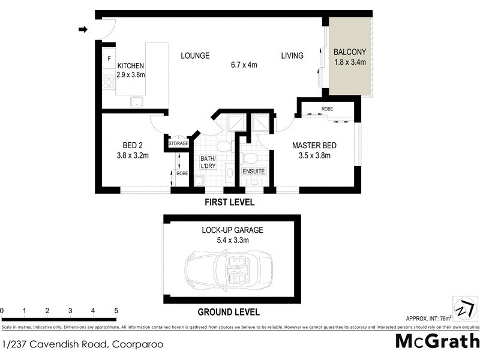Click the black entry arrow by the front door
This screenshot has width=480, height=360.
click(x=83, y=29)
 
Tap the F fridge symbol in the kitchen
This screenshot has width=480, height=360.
click(x=109, y=58)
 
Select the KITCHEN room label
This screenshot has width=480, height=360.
click(x=131, y=66)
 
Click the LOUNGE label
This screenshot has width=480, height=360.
click(x=195, y=56)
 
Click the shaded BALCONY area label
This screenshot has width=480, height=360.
click(x=350, y=52)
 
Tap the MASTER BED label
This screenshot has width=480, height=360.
click(x=314, y=145)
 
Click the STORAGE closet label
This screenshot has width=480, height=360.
click(x=179, y=144)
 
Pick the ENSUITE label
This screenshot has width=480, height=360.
click(x=254, y=172)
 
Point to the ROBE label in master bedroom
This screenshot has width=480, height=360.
click(x=327, y=109)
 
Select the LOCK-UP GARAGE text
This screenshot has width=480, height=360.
click(x=232, y=230)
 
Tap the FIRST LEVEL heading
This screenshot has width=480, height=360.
click(x=229, y=202)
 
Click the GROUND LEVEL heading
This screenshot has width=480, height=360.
click(x=229, y=312)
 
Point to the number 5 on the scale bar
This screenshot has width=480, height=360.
click(x=116, y=311)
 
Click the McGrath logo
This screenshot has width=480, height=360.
click(x=437, y=342)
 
